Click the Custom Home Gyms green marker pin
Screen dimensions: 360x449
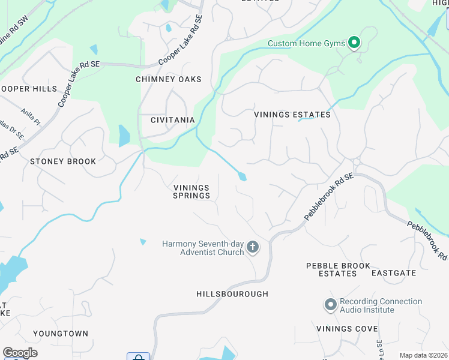354,43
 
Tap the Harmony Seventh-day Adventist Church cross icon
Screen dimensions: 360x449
253,247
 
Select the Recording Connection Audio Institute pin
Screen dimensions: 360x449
330,305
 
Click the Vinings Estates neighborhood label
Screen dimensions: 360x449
292,115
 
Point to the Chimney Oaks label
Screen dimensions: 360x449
168,79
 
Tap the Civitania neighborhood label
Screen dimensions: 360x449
173,120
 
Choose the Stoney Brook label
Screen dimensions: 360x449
63,161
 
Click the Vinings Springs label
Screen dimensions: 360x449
191,191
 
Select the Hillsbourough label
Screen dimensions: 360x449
232,294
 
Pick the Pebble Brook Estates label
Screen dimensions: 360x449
331,269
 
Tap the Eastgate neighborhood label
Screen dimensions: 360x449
393,273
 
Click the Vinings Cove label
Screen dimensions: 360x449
347,329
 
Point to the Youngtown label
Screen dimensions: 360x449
61,334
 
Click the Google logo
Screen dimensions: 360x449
20,353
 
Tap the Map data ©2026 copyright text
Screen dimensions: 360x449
423,355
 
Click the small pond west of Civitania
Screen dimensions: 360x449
124,136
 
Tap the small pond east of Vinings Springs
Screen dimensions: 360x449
242,176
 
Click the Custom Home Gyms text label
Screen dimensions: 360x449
307,43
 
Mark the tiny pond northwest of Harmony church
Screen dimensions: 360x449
143,242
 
